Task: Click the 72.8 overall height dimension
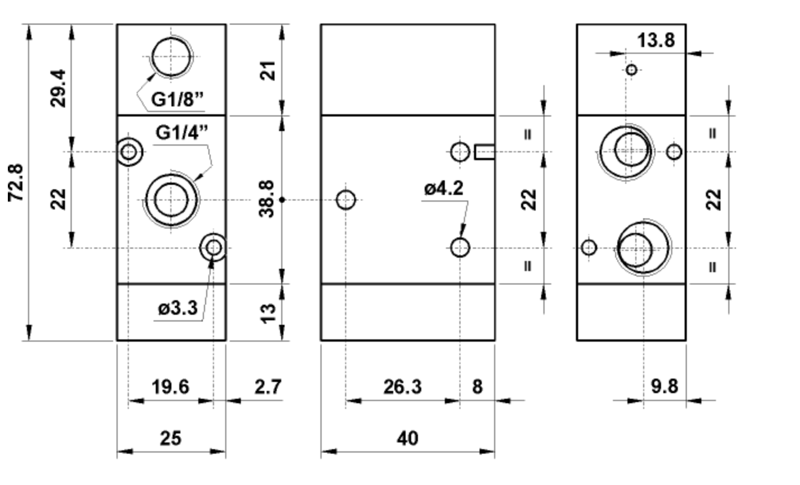pyautogui.click(x=16, y=183)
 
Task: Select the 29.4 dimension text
pyautogui.click(x=58, y=88)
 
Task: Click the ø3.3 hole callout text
pyautogui.click(x=178, y=308)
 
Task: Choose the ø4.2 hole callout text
pyautogui.click(x=444, y=189)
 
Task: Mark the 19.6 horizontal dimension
pyautogui.click(x=170, y=386)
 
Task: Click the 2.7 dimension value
pyautogui.click(x=267, y=386)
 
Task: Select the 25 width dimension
pyautogui.click(x=170, y=437)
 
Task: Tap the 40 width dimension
pyautogui.click(x=407, y=437)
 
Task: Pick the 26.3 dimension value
pyautogui.click(x=402, y=386)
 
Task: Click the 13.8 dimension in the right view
pyautogui.click(x=655, y=40)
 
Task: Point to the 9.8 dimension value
pyautogui.click(x=664, y=386)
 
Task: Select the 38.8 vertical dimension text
pyautogui.click(x=267, y=198)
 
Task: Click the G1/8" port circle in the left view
pyautogui.click(x=171, y=57)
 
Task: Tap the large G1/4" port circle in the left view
pyautogui.click(x=171, y=200)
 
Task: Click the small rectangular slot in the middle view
pyautogui.click(x=484, y=152)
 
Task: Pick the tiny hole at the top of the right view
pyautogui.click(x=631, y=70)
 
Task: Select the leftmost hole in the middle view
pyautogui.click(x=346, y=199)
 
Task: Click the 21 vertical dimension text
pyautogui.click(x=269, y=71)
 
